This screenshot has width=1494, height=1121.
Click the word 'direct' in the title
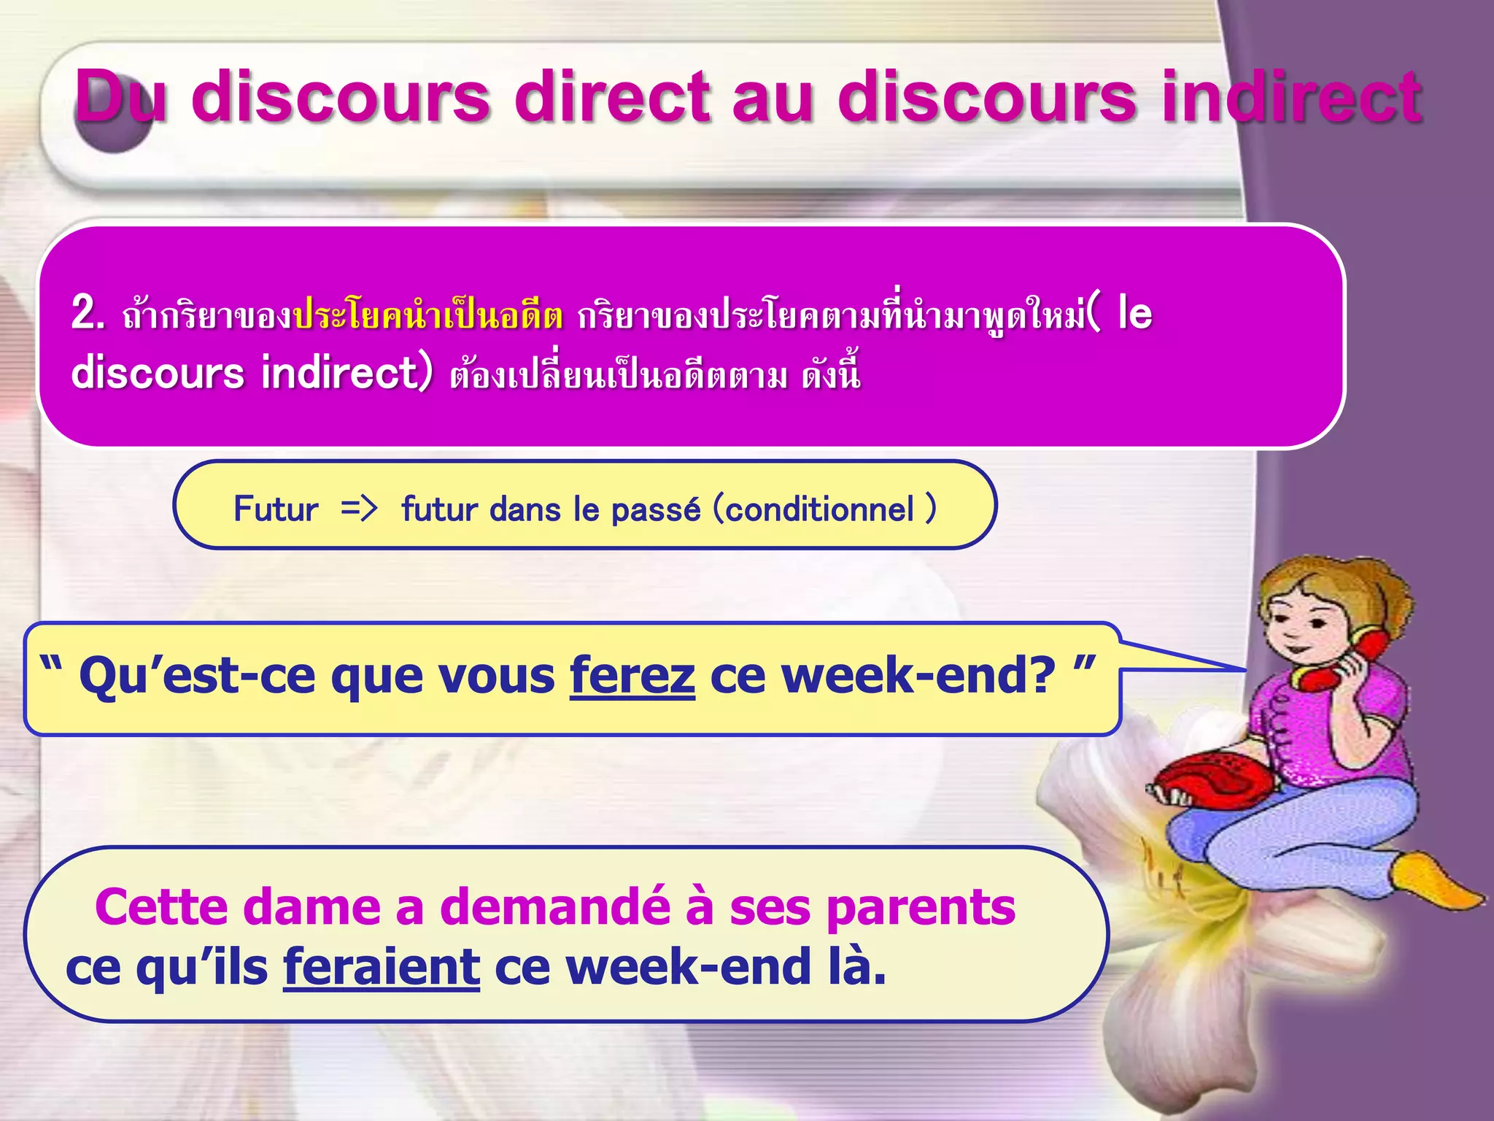click(x=611, y=97)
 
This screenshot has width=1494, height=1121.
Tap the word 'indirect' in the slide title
click(x=1290, y=97)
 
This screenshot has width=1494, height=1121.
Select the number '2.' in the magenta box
click(x=88, y=315)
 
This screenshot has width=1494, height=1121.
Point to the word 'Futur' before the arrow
click(x=276, y=509)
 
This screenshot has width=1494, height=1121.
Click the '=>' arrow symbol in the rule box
click(x=359, y=508)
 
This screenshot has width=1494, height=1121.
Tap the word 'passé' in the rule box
click(x=655, y=509)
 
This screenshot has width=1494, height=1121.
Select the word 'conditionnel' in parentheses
click(x=819, y=509)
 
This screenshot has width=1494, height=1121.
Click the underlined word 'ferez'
click(x=632, y=675)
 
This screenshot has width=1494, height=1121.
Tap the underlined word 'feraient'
click(x=382, y=966)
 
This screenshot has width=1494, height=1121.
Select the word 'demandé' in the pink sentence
click(x=554, y=907)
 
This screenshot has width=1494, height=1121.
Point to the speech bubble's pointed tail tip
click(x=1244, y=669)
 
